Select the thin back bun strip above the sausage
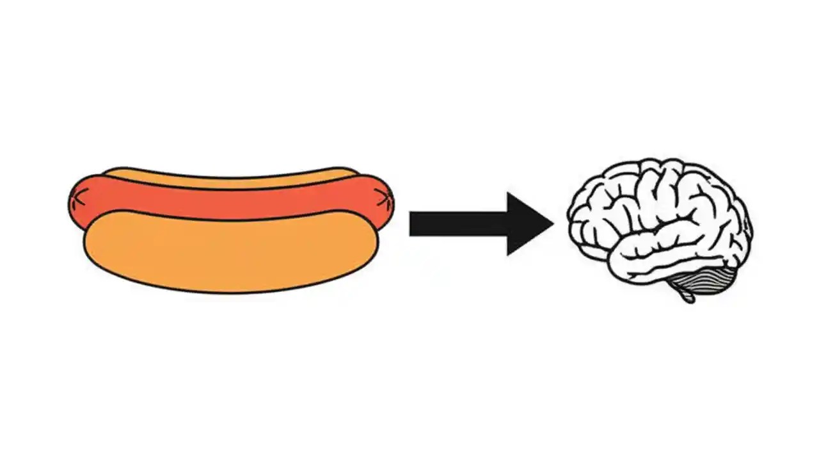(x=230, y=177)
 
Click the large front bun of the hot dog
(x=230, y=253)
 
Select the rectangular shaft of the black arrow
(x=457, y=223)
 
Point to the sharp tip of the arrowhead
(x=553, y=223)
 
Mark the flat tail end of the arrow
(x=411, y=223)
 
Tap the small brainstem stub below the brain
(x=687, y=296)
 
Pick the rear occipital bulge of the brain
(x=742, y=230)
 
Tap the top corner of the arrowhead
(x=508, y=193)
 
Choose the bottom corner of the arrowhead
(x=508, y=255)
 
